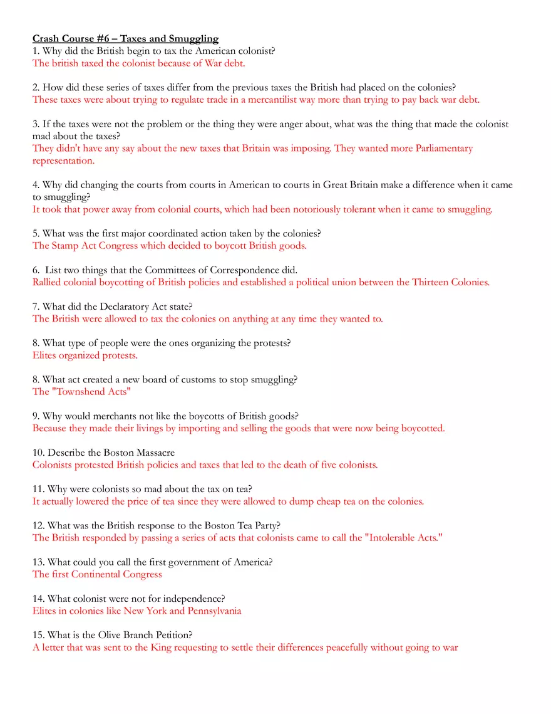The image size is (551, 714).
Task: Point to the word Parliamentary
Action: coord(444,149)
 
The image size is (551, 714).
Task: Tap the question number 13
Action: coord(38,562)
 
